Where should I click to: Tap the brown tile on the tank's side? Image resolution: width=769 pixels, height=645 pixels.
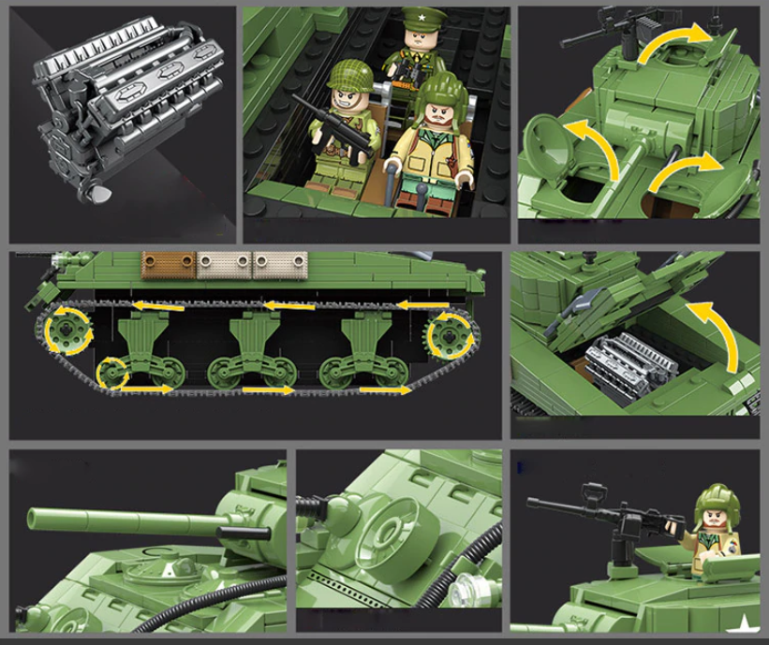pyautogui.click(x=168, y=265)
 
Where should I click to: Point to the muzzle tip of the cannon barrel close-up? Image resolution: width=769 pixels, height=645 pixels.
pyautogui.click(x=34, y=516)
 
